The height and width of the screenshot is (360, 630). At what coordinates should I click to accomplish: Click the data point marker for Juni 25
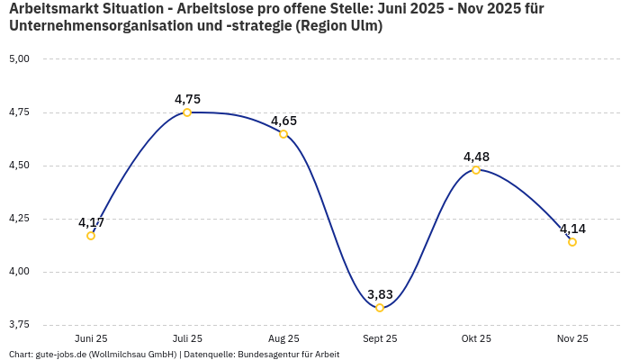[x=91, y=236]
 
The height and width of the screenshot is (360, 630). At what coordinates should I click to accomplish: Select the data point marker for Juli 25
[x=187, y=112]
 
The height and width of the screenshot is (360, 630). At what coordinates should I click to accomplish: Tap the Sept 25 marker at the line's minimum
[x=380, y=308]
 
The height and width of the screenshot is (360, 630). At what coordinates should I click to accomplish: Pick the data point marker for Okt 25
[x=476, y=169]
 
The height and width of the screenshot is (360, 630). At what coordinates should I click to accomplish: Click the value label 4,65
[x=283, y=121]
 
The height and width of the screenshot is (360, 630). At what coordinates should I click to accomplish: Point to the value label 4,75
[x=187, y=99]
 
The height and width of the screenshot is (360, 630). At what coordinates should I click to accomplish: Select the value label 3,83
[x=380, y=294]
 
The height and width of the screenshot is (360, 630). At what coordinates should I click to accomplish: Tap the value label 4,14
[x=572, y=229]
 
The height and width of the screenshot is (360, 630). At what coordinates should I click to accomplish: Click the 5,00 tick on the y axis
[x=19, y=59]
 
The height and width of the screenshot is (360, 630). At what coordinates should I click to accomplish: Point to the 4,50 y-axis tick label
[x=19, y=166]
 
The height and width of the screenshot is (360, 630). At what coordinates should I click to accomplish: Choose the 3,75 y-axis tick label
[x=19, y=324]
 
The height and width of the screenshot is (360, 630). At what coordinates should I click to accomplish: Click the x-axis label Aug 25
[x=283, y=338]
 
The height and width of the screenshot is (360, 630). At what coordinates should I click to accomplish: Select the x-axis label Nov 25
[x=572, y=338]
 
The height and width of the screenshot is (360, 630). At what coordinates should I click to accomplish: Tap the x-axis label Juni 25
[x=91, y=338]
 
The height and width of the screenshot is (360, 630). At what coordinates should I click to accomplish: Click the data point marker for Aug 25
[x=283, y=134]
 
